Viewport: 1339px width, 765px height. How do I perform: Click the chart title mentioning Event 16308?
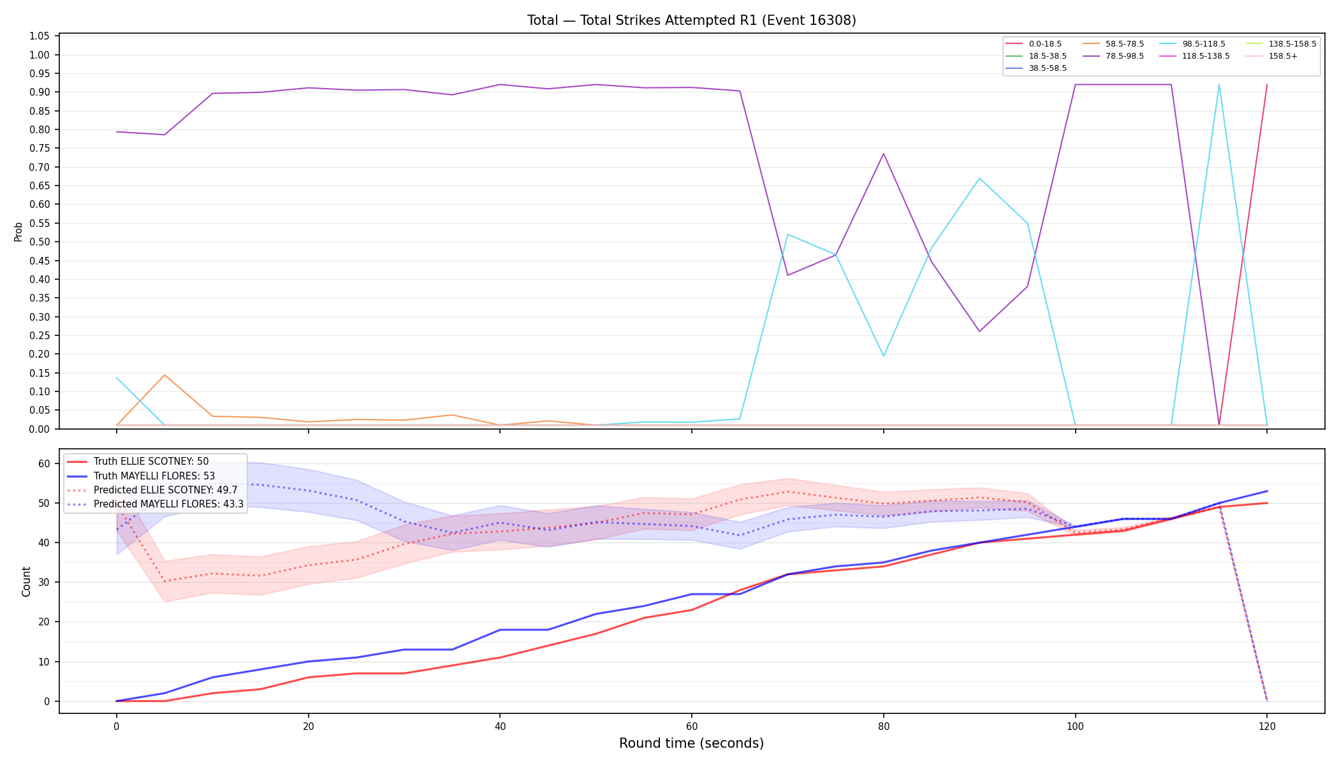[691, 20]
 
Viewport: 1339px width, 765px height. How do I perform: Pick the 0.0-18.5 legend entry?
[1034, 44]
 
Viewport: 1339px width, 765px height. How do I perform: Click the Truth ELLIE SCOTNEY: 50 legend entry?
[138, 462]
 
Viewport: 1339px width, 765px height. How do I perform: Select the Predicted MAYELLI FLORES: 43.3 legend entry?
[155, 504]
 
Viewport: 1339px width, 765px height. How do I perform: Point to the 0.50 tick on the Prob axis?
[40, 242]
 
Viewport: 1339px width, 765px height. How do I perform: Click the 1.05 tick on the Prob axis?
[40, 36]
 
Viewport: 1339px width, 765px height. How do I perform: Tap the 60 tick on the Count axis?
[43, 463]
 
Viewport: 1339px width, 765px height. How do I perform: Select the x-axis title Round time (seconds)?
[691, 743]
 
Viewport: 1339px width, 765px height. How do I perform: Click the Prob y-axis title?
[18, 231]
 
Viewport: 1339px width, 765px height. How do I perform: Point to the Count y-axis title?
[26, 581]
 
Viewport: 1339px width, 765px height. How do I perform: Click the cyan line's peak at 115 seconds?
[1218, 85]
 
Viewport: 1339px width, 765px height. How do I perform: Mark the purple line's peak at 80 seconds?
[883, 154]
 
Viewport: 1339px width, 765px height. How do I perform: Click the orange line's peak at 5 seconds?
[165, 375]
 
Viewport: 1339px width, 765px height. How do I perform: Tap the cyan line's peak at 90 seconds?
[979, 178]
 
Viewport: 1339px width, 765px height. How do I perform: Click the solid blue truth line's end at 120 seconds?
[1266, 491]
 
